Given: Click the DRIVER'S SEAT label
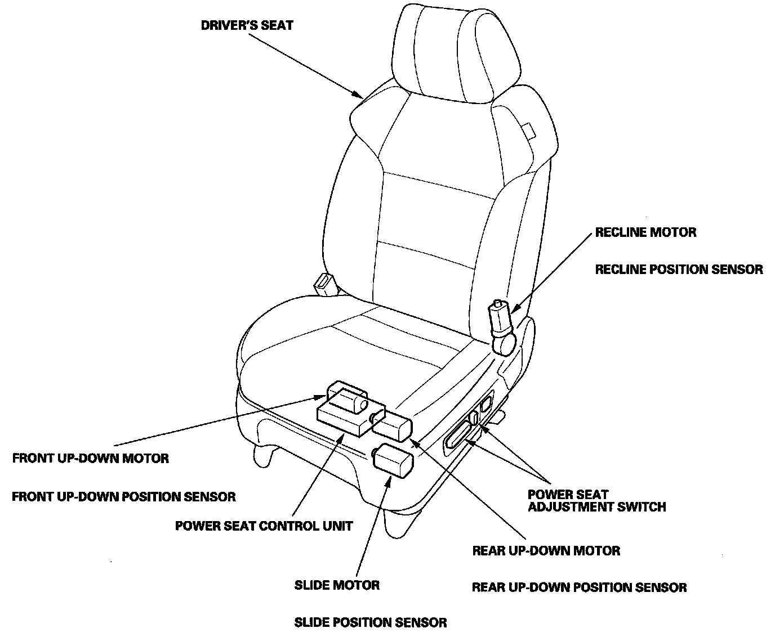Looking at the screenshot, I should (247, 25).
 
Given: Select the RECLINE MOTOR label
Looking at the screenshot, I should (645, 232).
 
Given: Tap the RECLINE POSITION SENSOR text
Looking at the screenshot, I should (679, 270).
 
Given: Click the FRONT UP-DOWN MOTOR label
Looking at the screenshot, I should (90, 458).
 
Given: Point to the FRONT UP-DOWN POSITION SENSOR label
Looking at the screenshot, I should (123, 497).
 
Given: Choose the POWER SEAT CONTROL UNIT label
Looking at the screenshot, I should (264, 526).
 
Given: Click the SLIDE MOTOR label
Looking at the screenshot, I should (337, 585).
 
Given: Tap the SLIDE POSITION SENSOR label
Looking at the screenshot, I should (371, 623).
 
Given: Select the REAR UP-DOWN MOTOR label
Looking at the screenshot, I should (546, 551).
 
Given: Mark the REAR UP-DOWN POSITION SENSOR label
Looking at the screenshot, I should (579, 588).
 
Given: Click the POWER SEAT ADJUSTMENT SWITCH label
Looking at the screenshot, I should (596, 501).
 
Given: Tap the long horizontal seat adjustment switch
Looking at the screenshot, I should (460, 436).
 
